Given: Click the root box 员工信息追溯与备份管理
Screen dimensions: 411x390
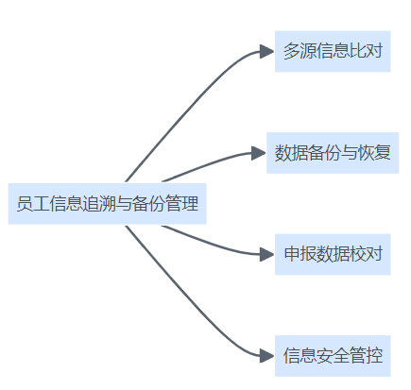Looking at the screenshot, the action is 107,204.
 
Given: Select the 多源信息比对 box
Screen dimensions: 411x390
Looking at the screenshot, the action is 333,51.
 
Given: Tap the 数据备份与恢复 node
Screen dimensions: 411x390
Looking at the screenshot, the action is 333,153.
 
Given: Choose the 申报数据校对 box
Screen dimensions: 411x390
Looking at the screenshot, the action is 333,254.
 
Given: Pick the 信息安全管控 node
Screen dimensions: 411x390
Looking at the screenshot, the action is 333,356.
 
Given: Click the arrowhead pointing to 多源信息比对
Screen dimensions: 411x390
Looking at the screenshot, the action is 266,51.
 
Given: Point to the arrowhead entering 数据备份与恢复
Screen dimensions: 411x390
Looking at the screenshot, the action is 259,153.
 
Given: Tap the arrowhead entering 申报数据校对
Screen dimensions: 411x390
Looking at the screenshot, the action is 266,254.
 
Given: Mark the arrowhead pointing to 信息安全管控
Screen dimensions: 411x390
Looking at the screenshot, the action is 266,356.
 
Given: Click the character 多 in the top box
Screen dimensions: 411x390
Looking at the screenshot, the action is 291,51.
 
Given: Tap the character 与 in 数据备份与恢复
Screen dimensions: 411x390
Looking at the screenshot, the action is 349,153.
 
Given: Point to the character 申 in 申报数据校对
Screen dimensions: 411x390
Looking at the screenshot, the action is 291,254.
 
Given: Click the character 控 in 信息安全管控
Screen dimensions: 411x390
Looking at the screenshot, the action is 374,356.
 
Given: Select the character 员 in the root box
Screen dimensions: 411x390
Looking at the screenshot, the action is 25,204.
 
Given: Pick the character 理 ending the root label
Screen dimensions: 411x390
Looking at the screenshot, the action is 190,204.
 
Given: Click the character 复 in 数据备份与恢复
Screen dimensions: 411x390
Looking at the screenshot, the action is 382,153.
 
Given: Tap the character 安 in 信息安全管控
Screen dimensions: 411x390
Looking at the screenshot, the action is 324,356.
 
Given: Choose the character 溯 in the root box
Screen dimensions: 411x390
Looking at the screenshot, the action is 108,204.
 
